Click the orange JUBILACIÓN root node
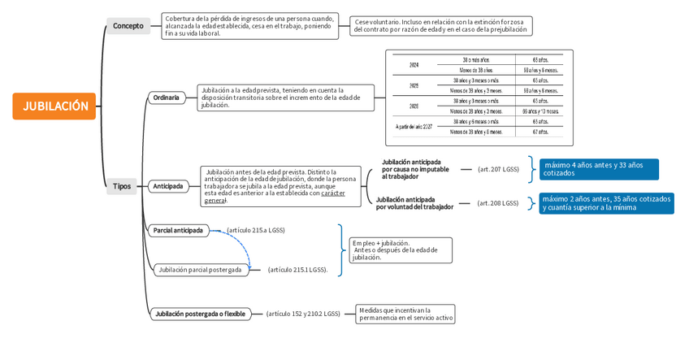54,106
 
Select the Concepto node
128,26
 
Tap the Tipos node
122,186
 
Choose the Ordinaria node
166,98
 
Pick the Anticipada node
168,186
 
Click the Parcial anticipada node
178,230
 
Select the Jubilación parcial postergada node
201,270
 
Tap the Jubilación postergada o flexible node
200,314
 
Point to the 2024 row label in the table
414,64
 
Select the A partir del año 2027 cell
414,127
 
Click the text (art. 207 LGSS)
498,169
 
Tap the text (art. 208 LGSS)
497,203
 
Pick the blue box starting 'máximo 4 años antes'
599,169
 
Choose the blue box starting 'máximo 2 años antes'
607,203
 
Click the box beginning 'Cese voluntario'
441,26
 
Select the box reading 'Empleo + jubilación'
401,249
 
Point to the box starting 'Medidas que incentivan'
405,314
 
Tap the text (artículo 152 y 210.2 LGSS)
303,314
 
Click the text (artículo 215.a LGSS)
256,230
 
